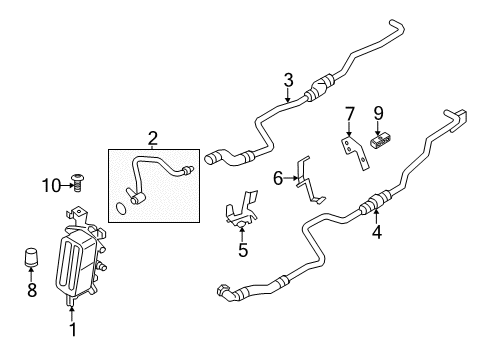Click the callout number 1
(72, 327)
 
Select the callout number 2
(153, 137)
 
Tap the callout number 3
(288, 80)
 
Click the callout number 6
(279, 178)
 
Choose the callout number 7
(349, 112)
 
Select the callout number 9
(379, 112)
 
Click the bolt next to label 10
(81, 182)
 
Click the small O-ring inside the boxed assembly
(121, 208)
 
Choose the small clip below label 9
(380, 141)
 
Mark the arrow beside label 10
(65, 183)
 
